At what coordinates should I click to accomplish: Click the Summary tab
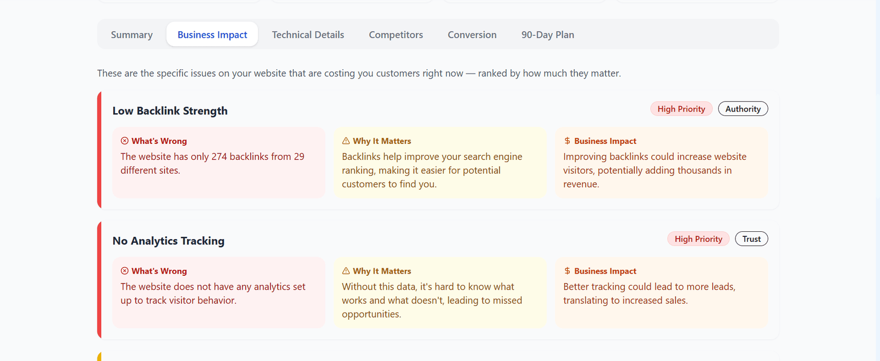click(132, 35)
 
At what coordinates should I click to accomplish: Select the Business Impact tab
click(212, 35)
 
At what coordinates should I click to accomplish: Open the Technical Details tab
click(308, 35)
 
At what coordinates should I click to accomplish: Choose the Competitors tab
click(396, 35)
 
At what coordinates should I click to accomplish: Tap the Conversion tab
click(472, 35)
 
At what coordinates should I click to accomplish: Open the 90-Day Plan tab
click(548, 35)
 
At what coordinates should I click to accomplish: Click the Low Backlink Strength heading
click(170, 111)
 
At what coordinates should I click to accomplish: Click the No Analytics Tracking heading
click(168, 241)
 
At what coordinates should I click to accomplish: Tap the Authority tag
click(743, 109)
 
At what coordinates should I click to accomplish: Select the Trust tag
click(751, 239)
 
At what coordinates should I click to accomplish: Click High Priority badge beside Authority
click(681, 109)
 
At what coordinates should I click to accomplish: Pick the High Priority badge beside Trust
click(698, 239)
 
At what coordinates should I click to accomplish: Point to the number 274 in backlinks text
click(219, 157)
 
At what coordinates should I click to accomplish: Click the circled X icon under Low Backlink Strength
click(125, 141)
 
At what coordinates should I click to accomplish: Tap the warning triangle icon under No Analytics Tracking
click(346, 271)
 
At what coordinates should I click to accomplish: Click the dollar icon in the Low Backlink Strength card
click(567, 141)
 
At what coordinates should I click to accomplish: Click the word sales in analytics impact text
click(676, 301)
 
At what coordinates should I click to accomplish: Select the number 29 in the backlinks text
click(299, 157)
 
